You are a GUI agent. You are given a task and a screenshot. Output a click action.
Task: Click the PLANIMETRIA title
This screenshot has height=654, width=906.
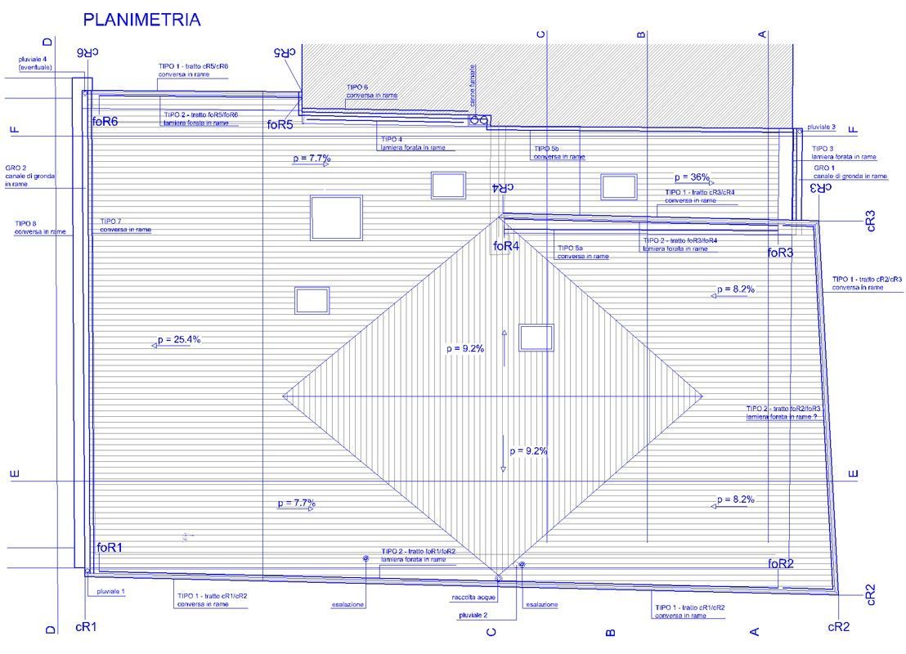coord(142,20)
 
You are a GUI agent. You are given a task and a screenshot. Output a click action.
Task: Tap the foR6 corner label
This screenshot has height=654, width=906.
coord(105,121)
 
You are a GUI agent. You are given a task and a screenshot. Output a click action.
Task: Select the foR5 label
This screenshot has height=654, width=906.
coord(280,125)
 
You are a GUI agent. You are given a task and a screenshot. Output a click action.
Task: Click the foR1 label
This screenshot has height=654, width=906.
coord(110,548)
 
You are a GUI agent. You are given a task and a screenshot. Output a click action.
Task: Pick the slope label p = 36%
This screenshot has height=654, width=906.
coord(692,177)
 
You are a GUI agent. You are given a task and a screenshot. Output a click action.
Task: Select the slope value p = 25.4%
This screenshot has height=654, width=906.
coord(177,339)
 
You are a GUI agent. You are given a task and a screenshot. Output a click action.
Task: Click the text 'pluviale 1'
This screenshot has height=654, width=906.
coord(110,592)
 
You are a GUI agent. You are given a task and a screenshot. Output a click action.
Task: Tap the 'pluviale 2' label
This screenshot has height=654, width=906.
coord(473,615)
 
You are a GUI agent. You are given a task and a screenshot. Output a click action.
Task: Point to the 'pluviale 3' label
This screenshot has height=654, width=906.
coord(821,128)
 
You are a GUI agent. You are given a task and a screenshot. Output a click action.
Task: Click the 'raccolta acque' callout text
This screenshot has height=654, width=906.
coord(474,598)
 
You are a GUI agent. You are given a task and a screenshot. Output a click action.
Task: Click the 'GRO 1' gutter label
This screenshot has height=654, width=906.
coord(824,168)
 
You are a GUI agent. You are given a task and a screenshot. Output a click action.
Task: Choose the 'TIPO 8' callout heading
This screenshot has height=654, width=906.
coord(25,223)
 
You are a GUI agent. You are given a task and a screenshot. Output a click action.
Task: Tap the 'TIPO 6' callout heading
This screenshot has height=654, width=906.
coord(357,87)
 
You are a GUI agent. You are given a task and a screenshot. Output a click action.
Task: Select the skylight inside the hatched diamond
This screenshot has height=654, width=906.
coord(536,337)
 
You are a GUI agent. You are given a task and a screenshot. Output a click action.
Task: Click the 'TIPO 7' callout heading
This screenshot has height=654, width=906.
coord(111,222)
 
